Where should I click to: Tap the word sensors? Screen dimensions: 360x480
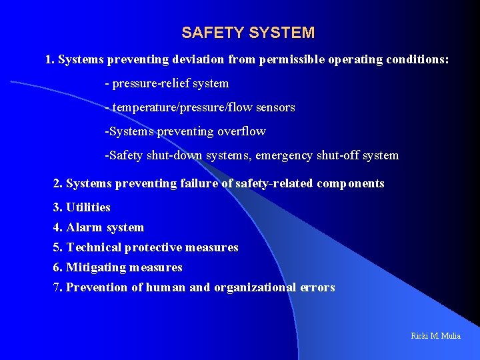click(x=275, y=107)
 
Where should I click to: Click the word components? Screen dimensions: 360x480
click(x=351, y=183)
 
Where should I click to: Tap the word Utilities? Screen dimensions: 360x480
click(x=88, y=207)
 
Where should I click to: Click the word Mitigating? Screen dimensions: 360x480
click(x=96, y=267)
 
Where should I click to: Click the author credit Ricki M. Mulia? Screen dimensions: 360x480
click(x=435, y=335)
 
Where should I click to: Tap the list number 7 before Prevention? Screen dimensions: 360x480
click(x=57, y=287)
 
